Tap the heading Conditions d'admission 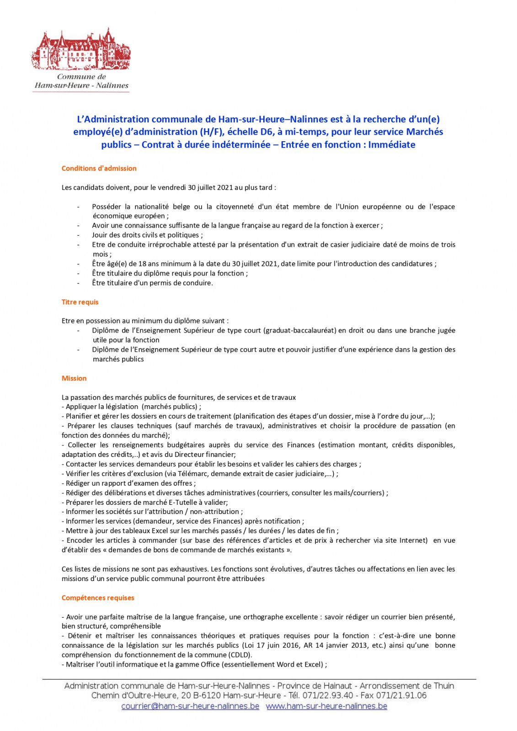[x=99, y=168]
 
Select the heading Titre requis [x=80, y=302]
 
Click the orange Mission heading [x=74, y=378]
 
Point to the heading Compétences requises [x=98, y=598]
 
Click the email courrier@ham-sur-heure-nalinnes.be [x=190, y=706]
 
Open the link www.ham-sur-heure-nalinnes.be [x=326, y=706]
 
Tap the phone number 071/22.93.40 [x=328, y=696]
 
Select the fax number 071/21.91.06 [x=401, y=696]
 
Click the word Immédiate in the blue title [x=392, y=145]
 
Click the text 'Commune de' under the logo [x=81, y=77]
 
